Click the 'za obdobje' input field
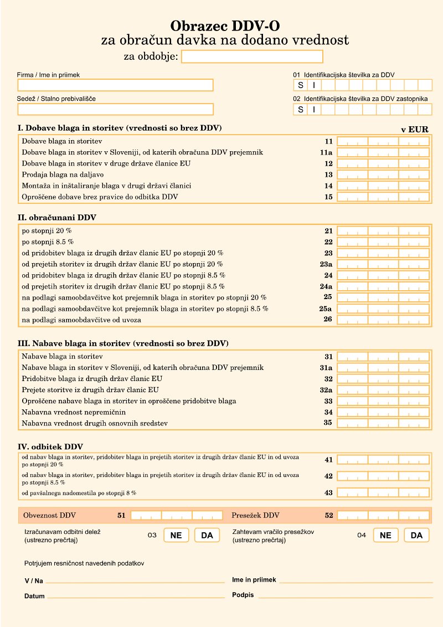(252, 56)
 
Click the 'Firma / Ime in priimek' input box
(115, 85)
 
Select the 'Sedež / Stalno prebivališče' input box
(115, 109)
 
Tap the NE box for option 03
(176, 536)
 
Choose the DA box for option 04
(417, 536)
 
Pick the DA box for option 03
(207, 536)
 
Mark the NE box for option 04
(386, 536)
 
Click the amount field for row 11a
(383, 152)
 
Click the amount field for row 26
(383, 320)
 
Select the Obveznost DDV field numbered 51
(177, 515)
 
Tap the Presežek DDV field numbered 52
(383, 515)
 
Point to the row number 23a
(326, 264)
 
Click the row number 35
(328, 423)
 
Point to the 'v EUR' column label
(415, 129)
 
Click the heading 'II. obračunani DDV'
(57, 218)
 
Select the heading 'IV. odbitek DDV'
(50, 446)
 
